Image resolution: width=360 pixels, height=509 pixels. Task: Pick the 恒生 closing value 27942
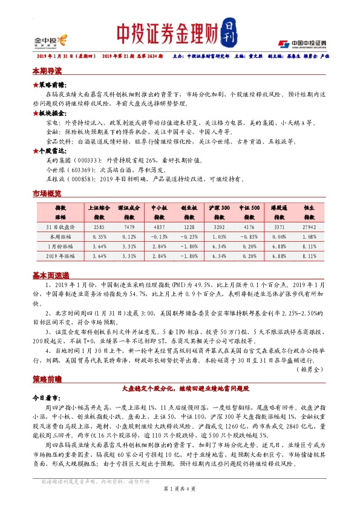click(x=309, y=227)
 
